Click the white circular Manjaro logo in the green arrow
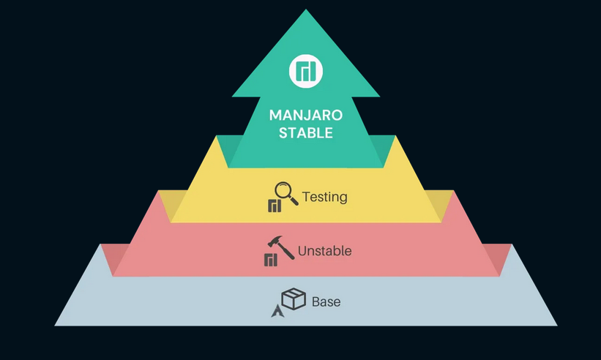coord(305,70)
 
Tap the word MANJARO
coord(306,115)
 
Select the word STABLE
coord(306,133)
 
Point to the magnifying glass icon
coord(285,192)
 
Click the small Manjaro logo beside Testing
coord(275,206)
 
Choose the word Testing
coord(324,197)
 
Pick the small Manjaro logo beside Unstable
coord(271,260)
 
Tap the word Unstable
coord(324,251)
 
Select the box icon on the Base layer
coord(294,299)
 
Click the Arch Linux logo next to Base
coord(277,311)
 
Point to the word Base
coord(326,301)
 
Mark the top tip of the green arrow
coord(306,10)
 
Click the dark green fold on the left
coord(224,150)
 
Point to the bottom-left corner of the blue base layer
coord(56,325)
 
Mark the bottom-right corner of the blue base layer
coord(556,325)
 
